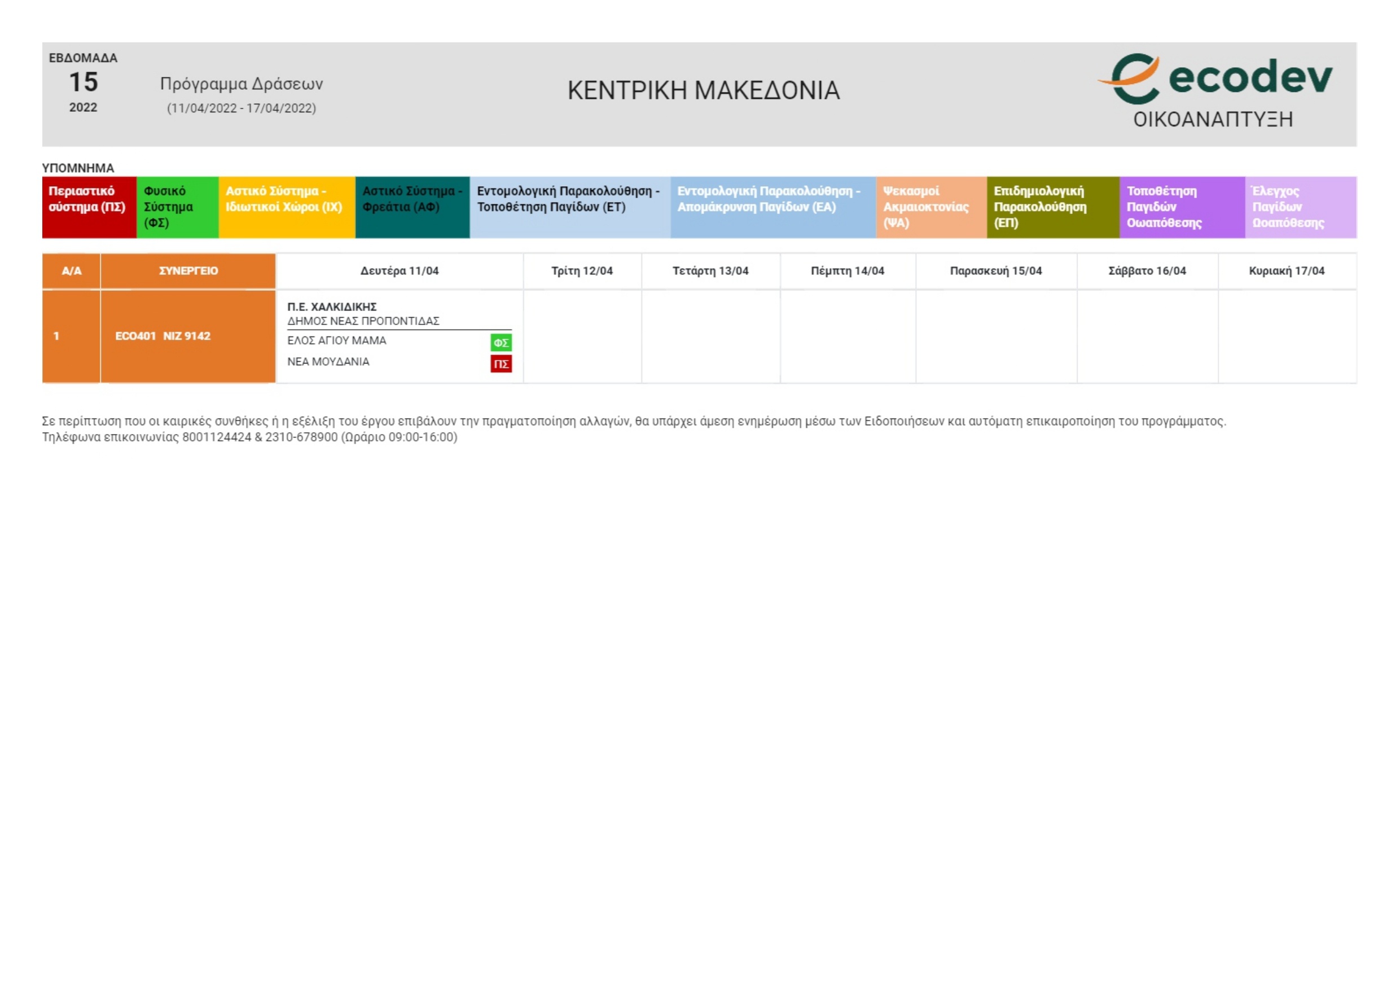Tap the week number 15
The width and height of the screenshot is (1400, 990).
point(83,82)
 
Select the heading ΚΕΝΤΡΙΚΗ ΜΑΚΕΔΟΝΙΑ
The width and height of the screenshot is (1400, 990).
point(703,91)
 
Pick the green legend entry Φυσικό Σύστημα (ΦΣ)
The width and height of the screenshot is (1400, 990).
point(177,207)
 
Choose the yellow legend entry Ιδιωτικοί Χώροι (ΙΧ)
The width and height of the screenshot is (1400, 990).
point(286,207)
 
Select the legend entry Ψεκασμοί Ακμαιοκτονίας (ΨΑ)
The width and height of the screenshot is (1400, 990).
point(931,207)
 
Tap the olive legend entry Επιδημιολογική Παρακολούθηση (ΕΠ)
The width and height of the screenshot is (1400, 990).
point(1052,207)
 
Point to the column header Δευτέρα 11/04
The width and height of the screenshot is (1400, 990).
point(400,271)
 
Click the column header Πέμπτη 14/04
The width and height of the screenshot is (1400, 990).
point(847,271)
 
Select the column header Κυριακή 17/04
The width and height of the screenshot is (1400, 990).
point(1287,271)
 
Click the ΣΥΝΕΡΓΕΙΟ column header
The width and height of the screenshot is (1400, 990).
point(188,271)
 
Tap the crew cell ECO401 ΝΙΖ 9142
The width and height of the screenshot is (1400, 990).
point(163,336)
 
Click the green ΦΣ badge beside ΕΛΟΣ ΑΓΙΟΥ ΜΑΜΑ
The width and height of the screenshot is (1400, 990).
point(501,343)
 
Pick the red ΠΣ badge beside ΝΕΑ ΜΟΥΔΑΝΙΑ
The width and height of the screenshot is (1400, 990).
point(501,364)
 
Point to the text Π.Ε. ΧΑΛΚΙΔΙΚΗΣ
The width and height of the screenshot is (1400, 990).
point(332,307)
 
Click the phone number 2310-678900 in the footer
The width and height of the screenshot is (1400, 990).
point(301,437)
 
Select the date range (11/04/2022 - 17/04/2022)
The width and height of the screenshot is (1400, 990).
point(242,108)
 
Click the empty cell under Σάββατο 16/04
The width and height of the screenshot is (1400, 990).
point(1147,336)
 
